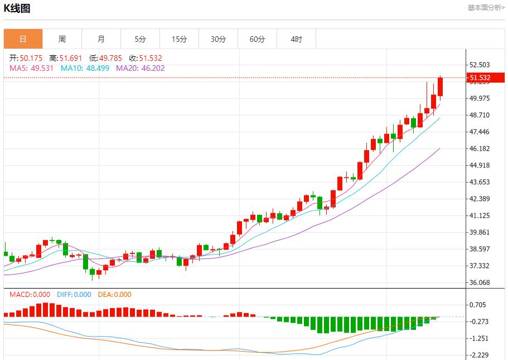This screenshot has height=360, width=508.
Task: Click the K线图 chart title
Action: (17, 8)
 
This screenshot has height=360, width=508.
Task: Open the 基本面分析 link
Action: (486, 8)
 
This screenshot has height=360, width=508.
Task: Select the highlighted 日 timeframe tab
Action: (23, 39)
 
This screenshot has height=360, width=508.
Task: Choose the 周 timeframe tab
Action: (62, 39)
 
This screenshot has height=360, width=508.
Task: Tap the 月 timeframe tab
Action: (101, 39)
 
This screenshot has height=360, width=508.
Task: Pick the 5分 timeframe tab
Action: (140, 39)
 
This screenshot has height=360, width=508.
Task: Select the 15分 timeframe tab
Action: (179, 39)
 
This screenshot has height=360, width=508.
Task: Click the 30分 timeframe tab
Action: (218, 39)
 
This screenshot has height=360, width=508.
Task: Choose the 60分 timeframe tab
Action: (257, 39)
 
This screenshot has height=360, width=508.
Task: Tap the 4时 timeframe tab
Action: (296, 39)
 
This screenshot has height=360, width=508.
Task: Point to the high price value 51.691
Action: (71, 58)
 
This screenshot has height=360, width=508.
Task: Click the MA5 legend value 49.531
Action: (42, 68)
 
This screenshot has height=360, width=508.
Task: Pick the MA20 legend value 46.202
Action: (151, 68)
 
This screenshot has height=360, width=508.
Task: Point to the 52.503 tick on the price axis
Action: (480, 65)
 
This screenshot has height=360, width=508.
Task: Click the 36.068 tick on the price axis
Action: (480, 282)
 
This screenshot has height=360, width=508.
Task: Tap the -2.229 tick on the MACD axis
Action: (480, 355)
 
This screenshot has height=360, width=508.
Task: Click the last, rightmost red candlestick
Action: (441, 87)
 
